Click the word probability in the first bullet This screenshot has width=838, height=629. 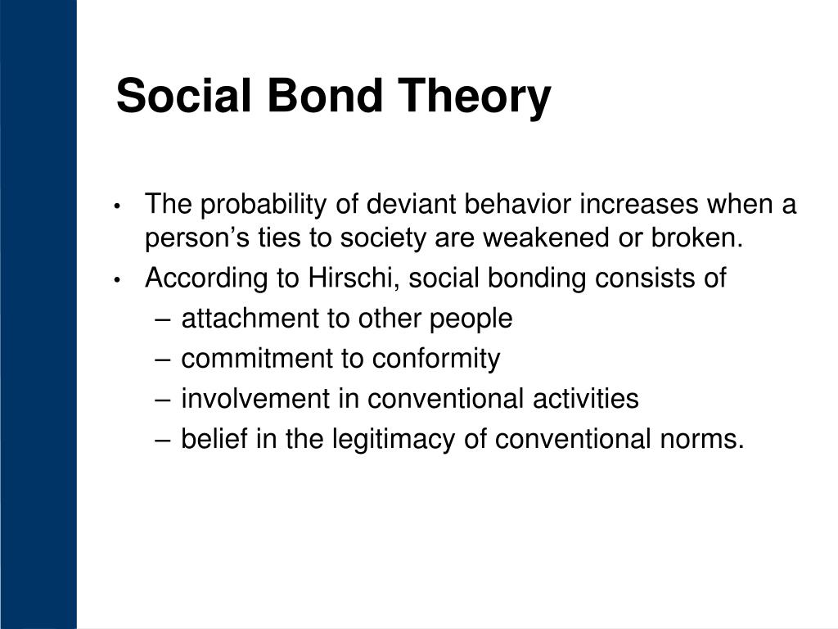(263, 205)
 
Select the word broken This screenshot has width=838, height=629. (697, 237)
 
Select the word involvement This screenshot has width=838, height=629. (255, 399)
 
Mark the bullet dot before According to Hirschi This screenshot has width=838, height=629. (118, 280)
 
